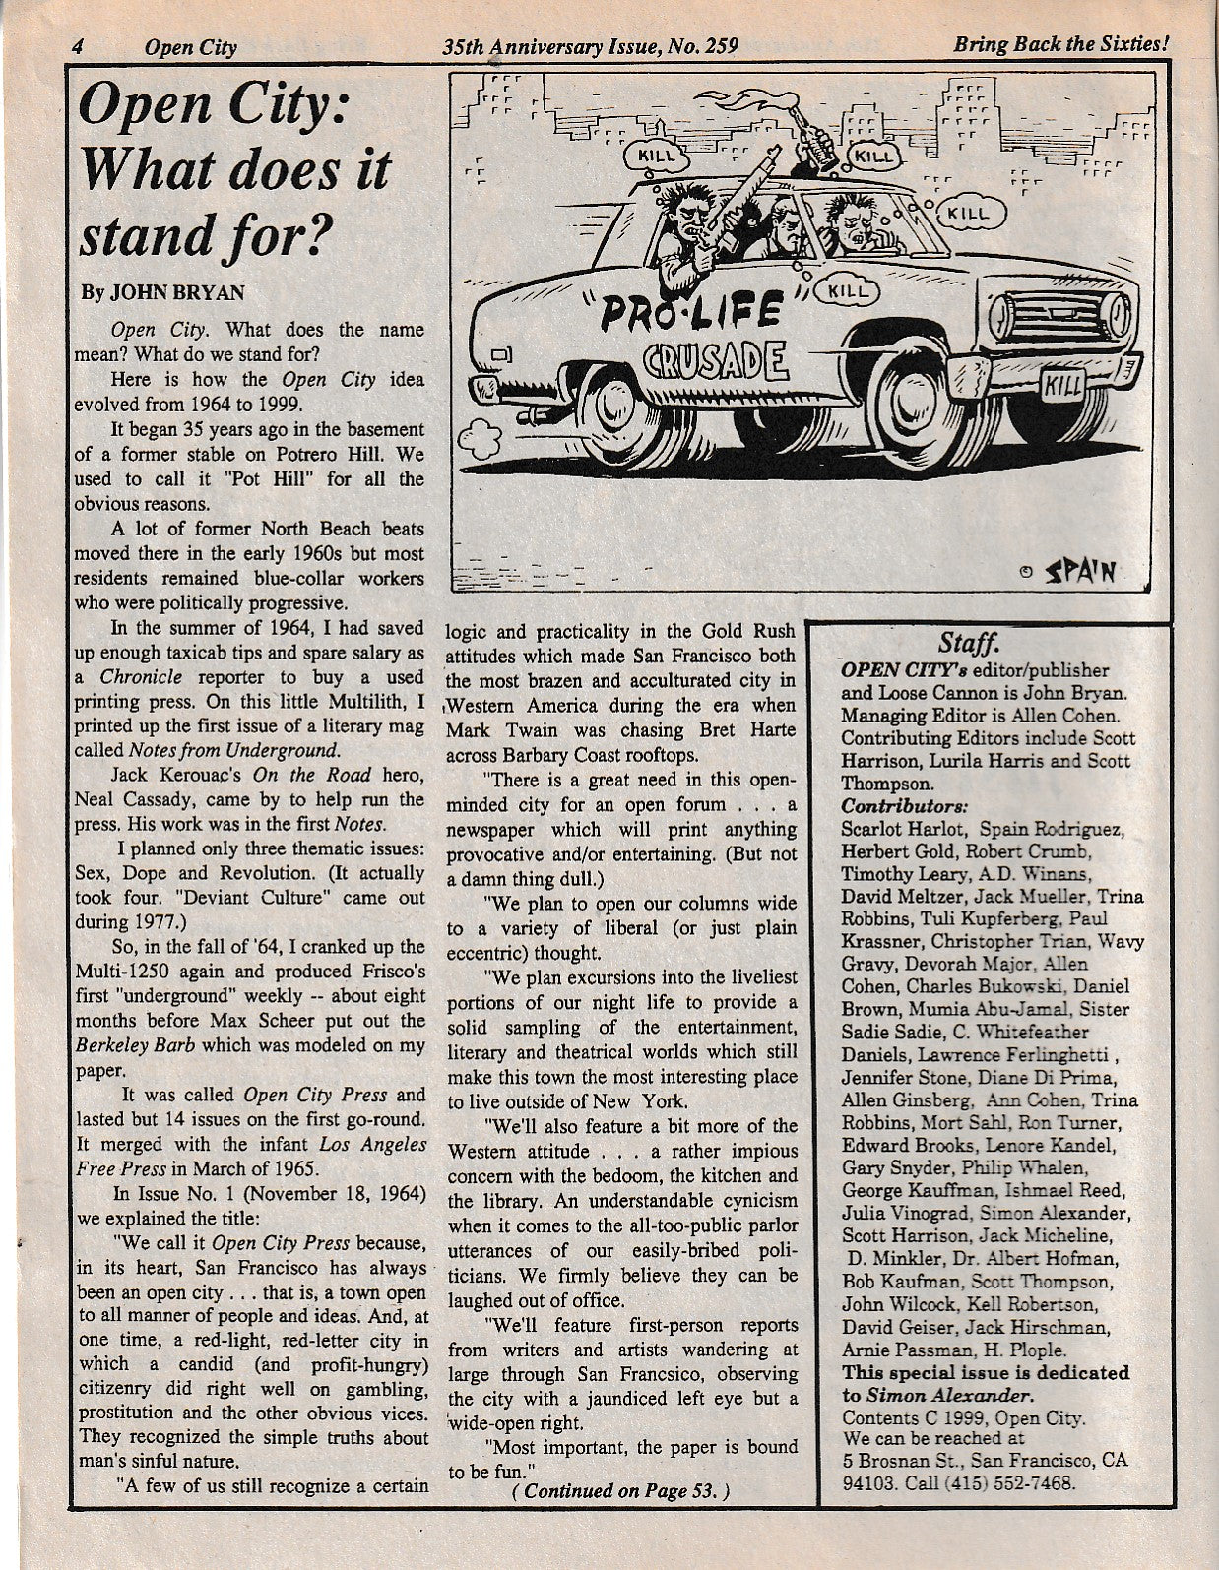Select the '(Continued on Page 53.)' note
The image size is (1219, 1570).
pos(620,1490)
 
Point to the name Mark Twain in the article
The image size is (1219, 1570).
pos(495,730)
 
